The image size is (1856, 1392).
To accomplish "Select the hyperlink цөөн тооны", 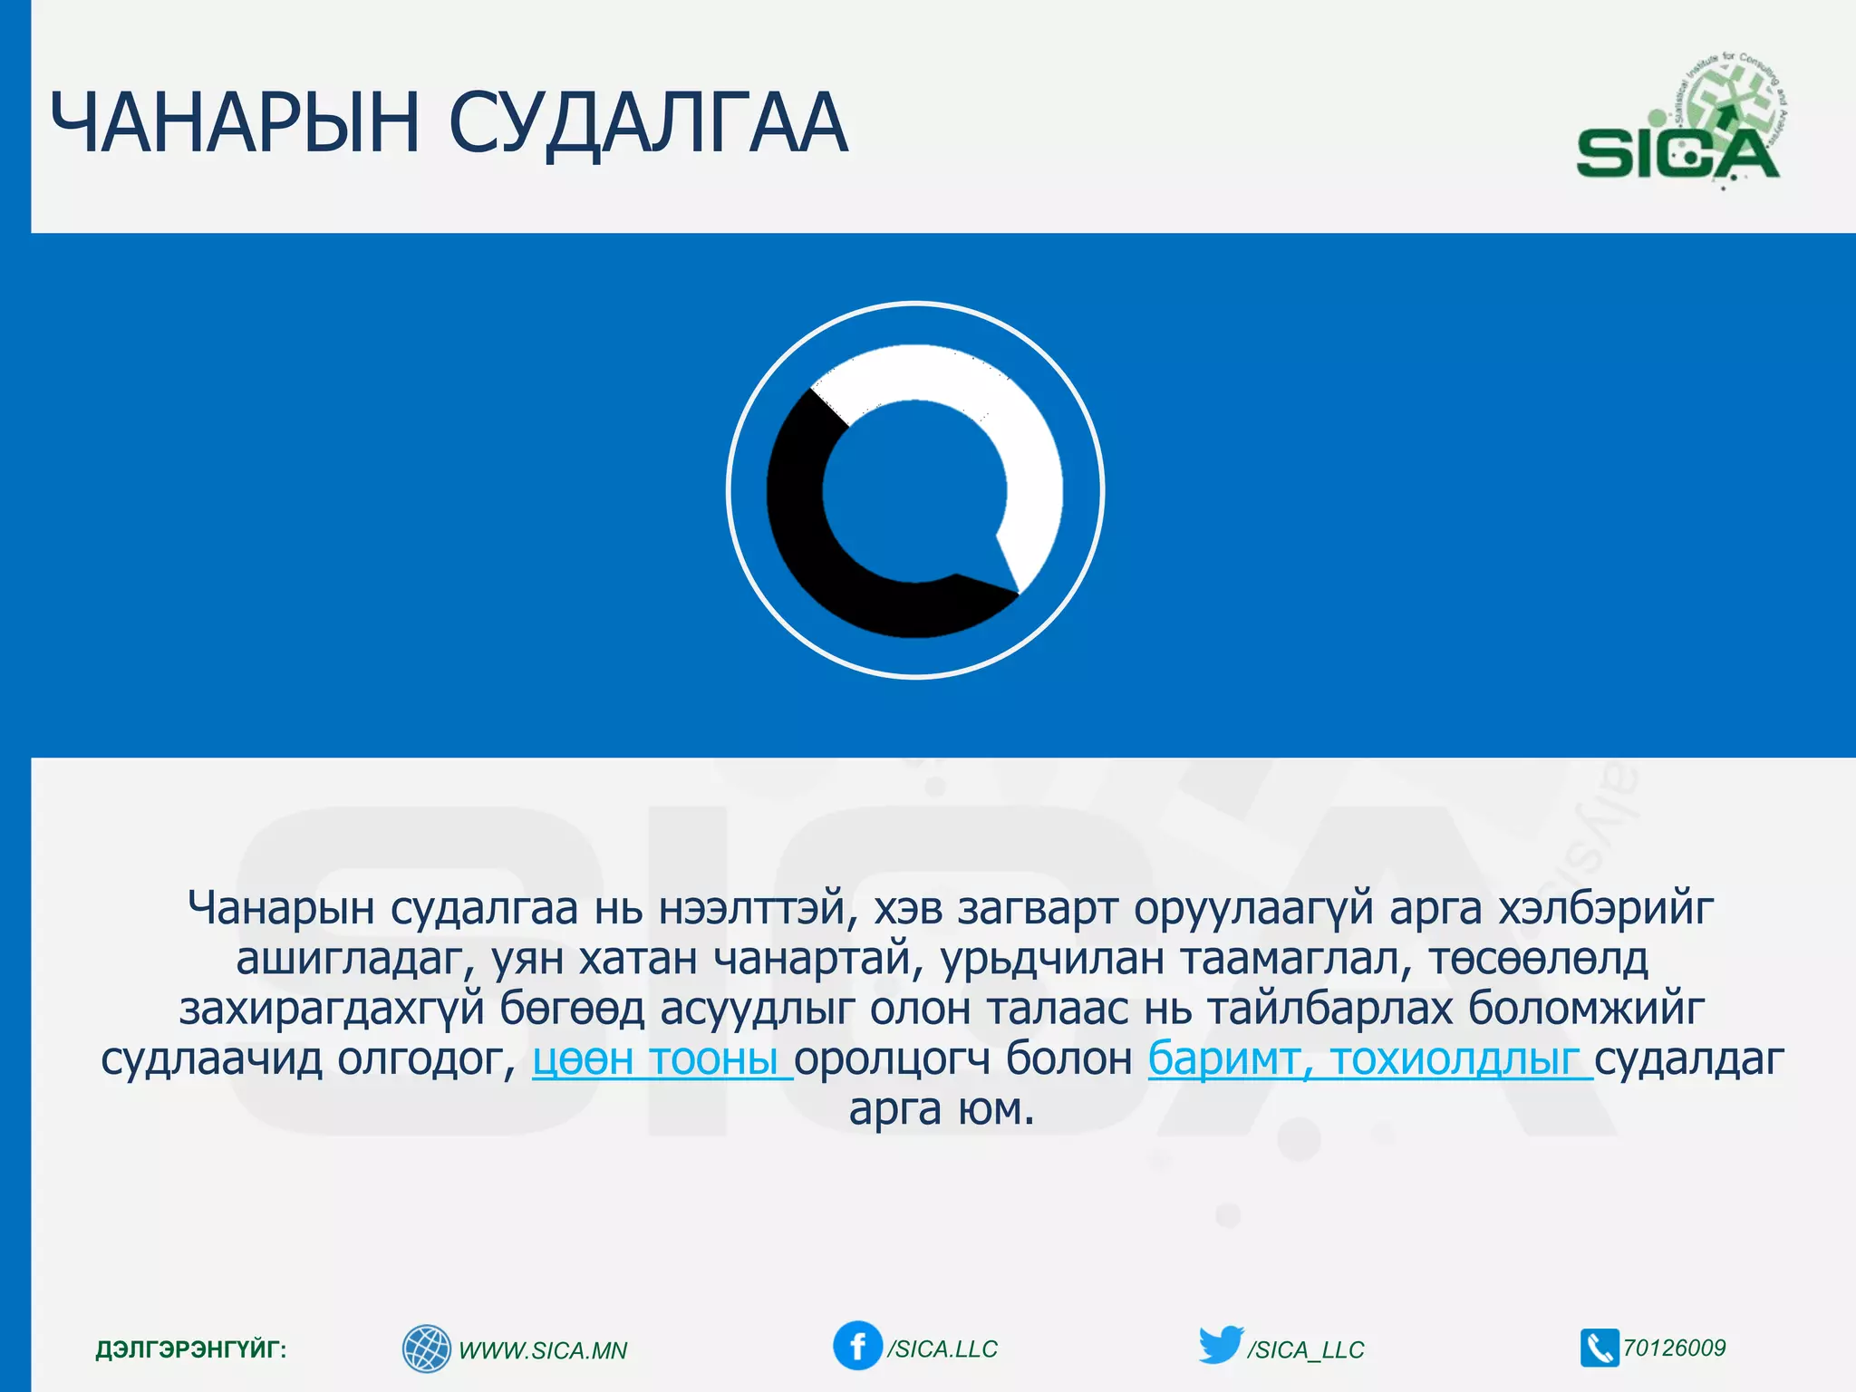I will pos(662,1058).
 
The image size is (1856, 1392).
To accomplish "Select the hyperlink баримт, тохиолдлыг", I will pos(1368,1058).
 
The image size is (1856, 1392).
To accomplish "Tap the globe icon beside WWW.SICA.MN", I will pos(426,1348).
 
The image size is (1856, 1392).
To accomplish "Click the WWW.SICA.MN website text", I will pos(543,1350).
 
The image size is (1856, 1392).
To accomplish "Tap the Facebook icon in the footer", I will pos(856,1346).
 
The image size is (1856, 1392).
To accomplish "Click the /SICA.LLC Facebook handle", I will pos(942,1349).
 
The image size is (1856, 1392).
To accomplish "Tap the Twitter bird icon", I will pos(1221,1345).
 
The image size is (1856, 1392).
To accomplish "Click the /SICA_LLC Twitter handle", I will pos(1305,1350).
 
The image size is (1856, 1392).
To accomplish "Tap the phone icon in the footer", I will pos(1599,1348).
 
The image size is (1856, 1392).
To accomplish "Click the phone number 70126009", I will pos(1675,1348).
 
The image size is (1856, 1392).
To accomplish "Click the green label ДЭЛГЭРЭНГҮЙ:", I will pos(190,1349).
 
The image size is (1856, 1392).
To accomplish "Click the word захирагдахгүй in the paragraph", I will pos(332,1009).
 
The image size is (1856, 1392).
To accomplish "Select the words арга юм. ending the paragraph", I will pos(941,1109).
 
